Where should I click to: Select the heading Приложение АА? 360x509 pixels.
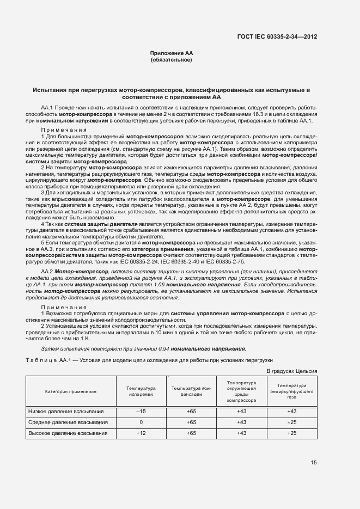172,53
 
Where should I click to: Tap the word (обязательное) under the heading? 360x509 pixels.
172,60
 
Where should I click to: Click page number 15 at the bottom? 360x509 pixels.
314,463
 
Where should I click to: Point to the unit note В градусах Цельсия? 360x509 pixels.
291,371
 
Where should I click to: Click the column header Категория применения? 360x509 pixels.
71,391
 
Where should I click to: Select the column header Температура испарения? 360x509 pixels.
141,391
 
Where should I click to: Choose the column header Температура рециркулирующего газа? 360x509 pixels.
291,391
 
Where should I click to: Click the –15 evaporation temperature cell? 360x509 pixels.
141,411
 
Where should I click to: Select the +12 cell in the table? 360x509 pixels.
141,433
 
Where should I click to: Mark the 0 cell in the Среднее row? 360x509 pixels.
141,422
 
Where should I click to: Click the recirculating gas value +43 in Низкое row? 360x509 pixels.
291,411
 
